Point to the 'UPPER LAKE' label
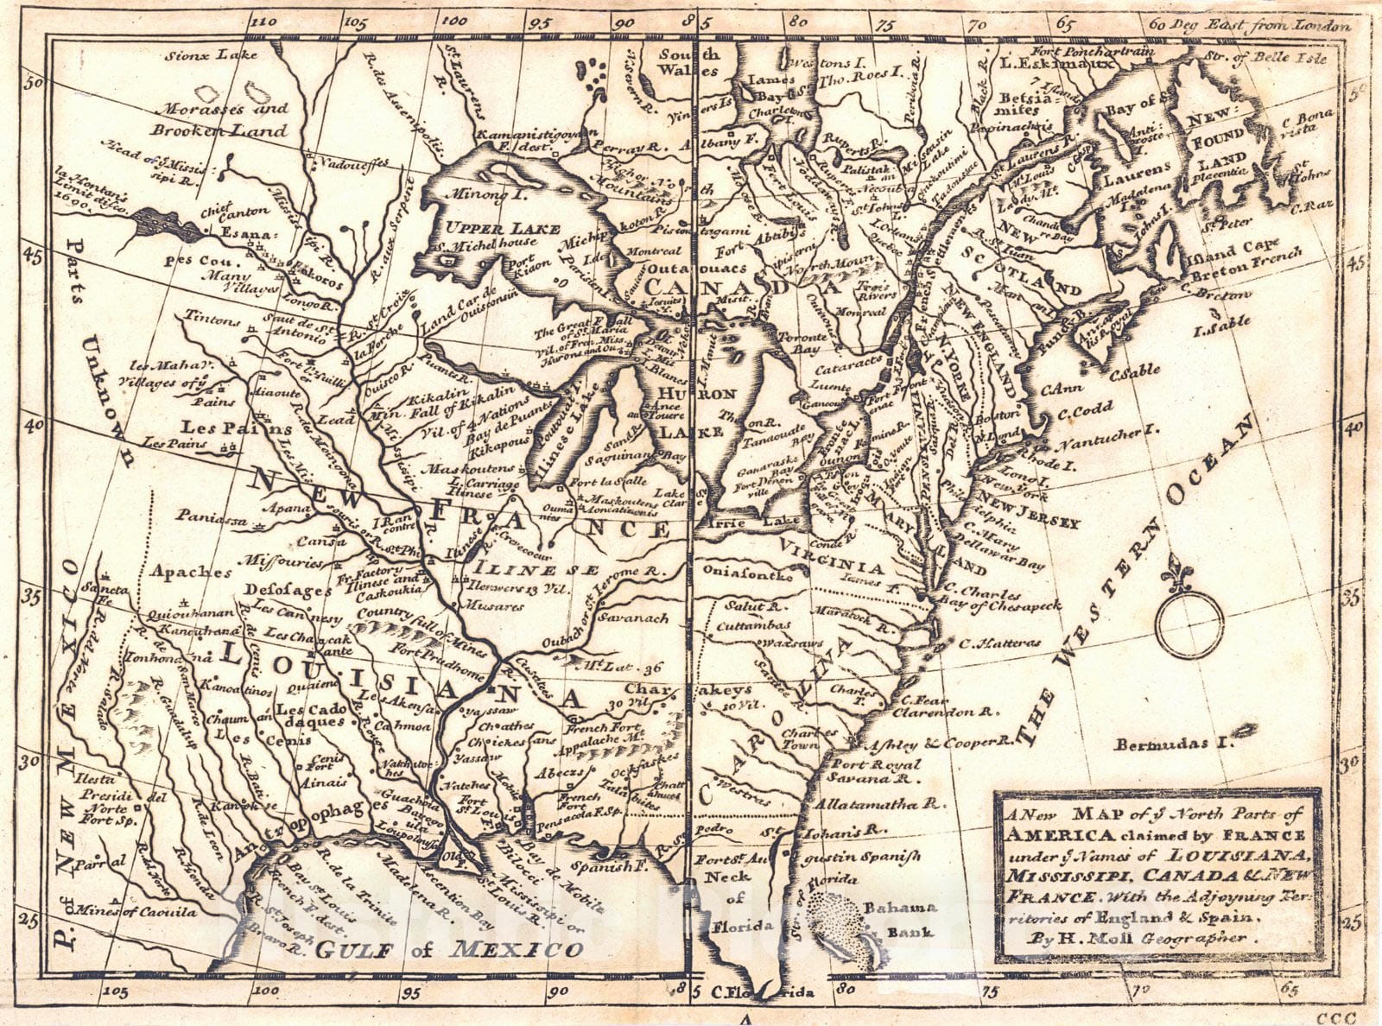(491, 227)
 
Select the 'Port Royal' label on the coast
(878, 763)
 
